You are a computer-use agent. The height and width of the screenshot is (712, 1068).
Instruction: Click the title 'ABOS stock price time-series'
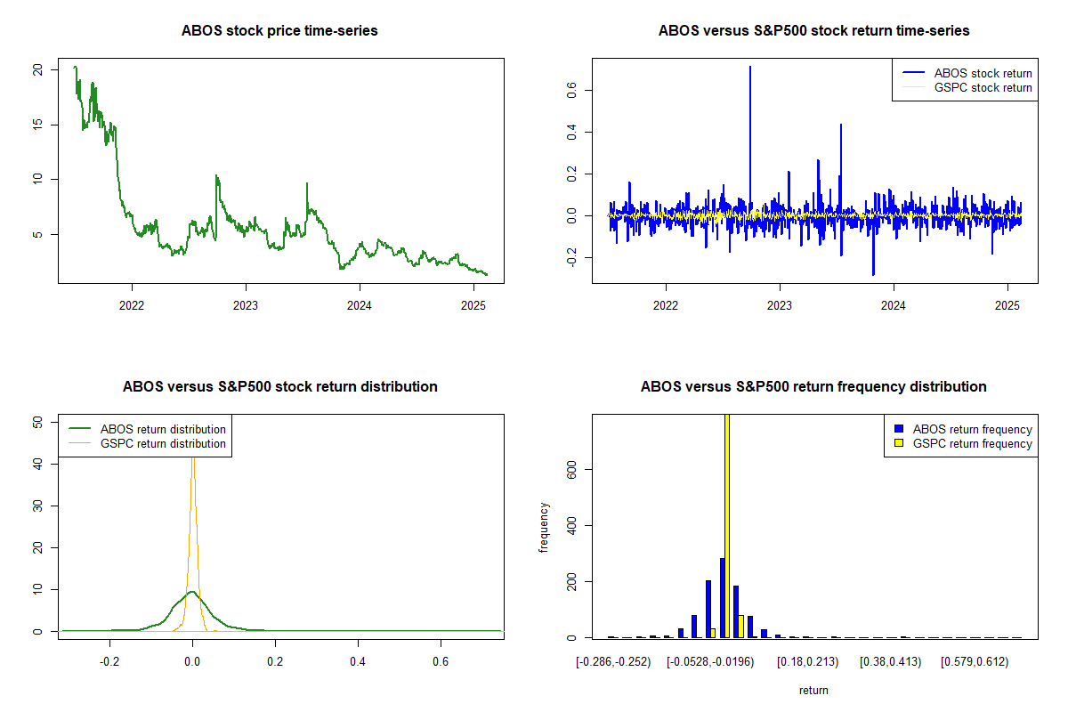click(279, 30)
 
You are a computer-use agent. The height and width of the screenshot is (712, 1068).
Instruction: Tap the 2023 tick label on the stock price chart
click(245, 305)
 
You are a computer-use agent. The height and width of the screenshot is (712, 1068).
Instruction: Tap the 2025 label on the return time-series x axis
click(1007, 305)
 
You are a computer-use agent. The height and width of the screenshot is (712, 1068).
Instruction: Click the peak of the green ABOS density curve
click(192, 592)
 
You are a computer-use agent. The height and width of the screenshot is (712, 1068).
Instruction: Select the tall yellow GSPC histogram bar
click(727, 526)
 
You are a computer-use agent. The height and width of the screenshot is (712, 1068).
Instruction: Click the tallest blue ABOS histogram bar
click(723, 598)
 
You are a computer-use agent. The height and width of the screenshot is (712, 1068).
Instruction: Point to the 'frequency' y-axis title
click(544, 528)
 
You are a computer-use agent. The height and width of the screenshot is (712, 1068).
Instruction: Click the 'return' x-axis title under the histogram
click(813, 690)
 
